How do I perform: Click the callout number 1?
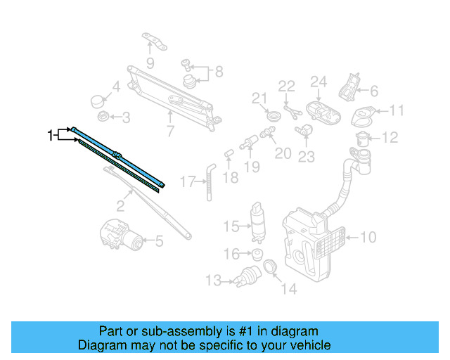click(x=51, y=134)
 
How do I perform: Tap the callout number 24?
click(x=319, y=83)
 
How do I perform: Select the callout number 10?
click(x=368, y=237)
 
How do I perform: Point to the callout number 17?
click(x=187, y=181)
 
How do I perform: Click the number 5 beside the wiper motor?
click(x=159, y=242)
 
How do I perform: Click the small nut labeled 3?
click(x=103, y=115)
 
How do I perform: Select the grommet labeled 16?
click(x=257, y=253)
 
